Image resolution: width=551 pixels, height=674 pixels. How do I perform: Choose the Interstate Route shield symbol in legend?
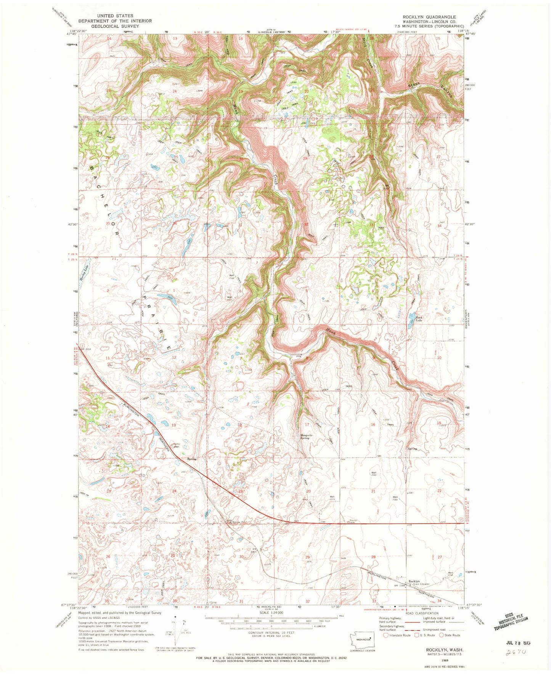[386, 635]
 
